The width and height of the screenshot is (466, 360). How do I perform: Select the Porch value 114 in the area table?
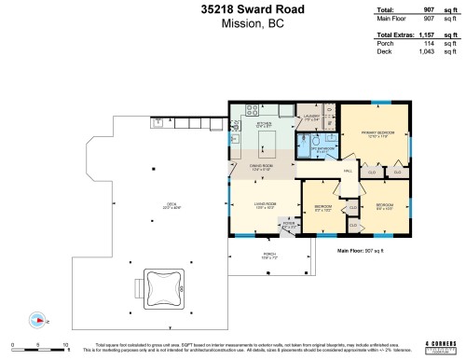[x=430, y=43]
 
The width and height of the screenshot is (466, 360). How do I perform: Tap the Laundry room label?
[x=311, y=118]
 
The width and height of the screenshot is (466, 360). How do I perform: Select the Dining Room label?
[x=264, y=169]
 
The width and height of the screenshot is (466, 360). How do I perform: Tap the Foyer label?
[x=289, y=224]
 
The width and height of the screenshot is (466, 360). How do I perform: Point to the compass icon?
[x=37, y=320]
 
